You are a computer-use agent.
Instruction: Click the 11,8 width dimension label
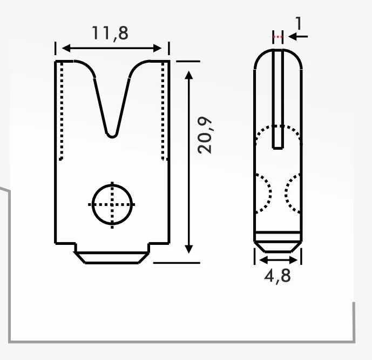(x=110, y=34)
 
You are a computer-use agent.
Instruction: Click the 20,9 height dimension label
(x=205, y=135)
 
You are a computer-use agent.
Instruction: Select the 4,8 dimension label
(x=278, y=276)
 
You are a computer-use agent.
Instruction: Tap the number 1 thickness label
(x=299, y=23)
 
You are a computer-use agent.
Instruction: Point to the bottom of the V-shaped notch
(x=112, y=137)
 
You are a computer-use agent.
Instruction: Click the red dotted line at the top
(x=278, y=37)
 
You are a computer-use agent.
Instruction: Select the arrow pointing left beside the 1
(x=298, y=37)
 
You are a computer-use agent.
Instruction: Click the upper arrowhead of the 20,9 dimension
(x=188, y=75)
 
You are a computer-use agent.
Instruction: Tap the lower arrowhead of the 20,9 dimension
(x=188, y=249)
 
